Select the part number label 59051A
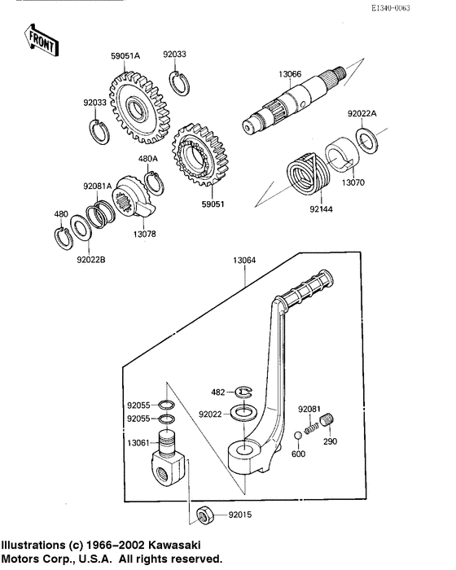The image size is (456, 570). [125, 56]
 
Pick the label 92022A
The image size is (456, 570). [362, 114]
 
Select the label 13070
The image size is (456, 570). [353, 184]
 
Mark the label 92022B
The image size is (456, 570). [92, 261]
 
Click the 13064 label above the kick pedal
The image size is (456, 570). [244, 261]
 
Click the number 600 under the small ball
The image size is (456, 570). [298, 454]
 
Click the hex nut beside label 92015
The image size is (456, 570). [205, 515]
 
